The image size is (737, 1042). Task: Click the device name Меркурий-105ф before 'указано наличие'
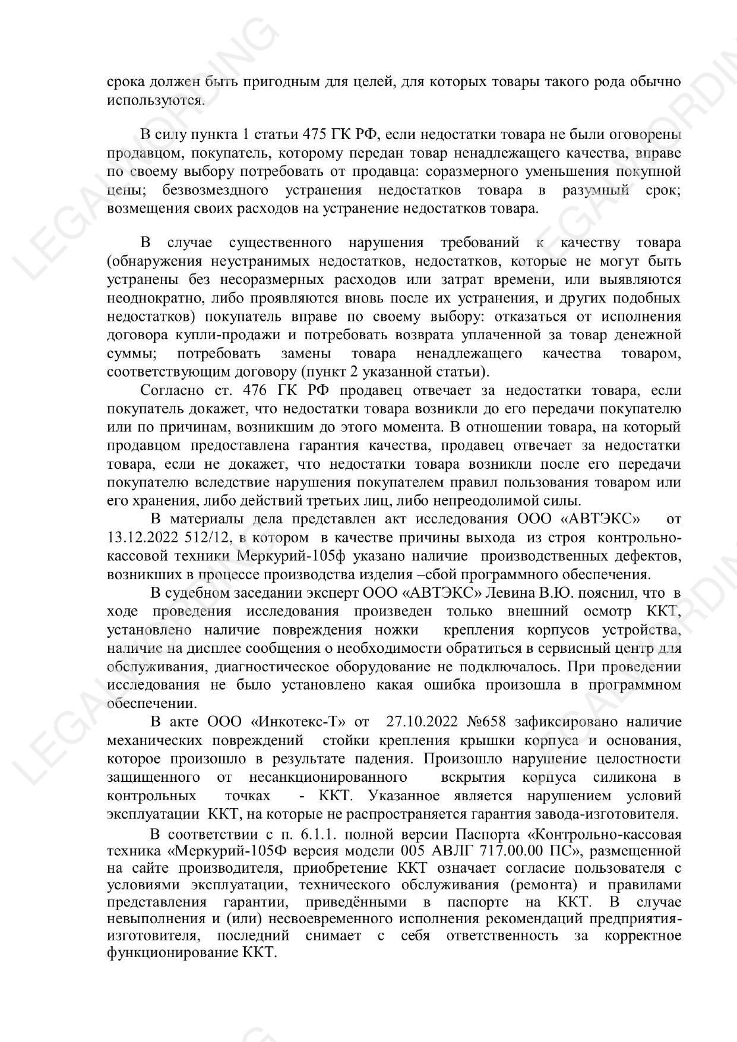pos(298,556)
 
